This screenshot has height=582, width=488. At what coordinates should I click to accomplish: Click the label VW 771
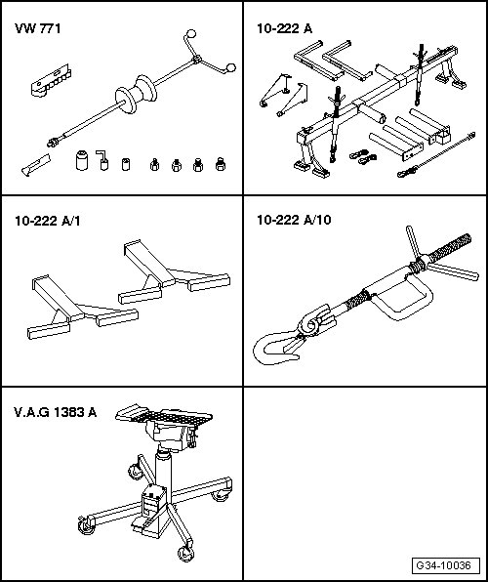[37, 28]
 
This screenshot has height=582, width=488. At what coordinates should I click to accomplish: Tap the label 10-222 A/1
[47, 222]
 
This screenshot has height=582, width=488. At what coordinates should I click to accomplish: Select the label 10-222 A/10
[294, 220]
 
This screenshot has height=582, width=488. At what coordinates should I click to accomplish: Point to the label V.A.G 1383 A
[56, 412]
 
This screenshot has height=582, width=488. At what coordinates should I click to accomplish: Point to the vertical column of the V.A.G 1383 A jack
[163, 469]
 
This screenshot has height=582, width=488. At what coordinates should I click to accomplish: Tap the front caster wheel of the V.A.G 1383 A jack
[185, 554]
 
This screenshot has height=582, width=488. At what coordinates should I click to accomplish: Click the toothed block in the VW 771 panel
[51, 80]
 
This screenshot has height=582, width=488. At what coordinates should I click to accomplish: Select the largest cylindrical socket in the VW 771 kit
[82, 160]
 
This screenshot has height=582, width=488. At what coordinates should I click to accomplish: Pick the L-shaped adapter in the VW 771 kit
[102, 160]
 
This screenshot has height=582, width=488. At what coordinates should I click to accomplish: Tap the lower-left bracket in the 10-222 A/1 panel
[82, 308]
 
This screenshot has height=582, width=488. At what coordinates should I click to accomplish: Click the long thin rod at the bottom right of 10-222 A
[436, 154]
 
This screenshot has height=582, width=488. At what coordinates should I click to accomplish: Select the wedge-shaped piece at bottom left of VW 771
[36, 165]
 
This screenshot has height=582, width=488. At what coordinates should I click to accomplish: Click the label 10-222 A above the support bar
[285, 28]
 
